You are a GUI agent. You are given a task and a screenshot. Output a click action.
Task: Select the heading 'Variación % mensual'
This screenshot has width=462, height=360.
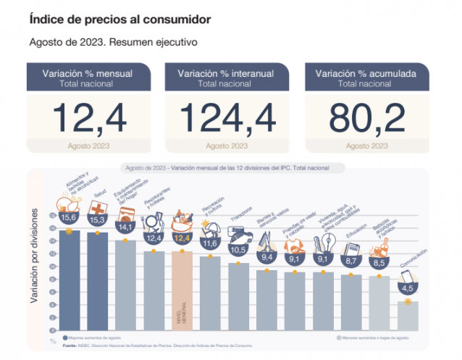[88, 73]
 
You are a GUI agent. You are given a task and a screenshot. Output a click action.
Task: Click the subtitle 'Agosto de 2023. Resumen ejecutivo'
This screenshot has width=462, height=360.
[114, 41]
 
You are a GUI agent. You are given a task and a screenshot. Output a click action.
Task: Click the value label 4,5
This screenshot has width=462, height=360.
[408, 288]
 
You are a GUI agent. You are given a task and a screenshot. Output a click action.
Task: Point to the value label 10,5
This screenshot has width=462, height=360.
[238, 248]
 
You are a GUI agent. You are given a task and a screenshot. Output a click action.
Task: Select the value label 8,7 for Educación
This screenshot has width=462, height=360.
[352, 260]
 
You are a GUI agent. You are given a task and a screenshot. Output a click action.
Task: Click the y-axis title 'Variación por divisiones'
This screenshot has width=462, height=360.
[34, 272]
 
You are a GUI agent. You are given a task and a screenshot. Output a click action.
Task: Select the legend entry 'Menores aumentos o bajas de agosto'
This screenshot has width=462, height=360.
[377, 338]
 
